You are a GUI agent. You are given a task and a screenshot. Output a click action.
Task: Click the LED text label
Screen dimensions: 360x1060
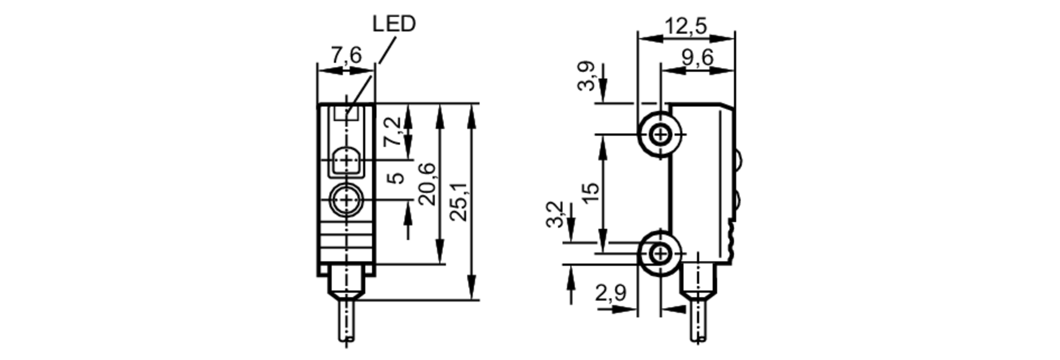pos(394,24)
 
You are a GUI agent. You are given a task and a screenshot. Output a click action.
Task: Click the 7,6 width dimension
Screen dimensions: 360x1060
pos(346,55)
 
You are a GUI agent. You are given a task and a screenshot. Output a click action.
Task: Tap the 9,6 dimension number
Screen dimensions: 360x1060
pos(697,57)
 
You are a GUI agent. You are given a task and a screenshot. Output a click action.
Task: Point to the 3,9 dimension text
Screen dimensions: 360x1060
pos(587,77)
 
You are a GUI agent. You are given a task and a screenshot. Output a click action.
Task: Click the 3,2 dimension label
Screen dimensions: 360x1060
pos(554,214)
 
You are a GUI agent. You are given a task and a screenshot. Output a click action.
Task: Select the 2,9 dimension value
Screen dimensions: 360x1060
pos(611,293)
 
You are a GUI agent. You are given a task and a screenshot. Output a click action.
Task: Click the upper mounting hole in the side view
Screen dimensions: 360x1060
pos(660,135)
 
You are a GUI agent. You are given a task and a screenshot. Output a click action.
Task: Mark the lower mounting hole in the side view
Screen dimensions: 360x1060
pos(660,254)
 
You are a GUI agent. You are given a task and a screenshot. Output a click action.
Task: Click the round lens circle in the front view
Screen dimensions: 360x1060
pos(347,200)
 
